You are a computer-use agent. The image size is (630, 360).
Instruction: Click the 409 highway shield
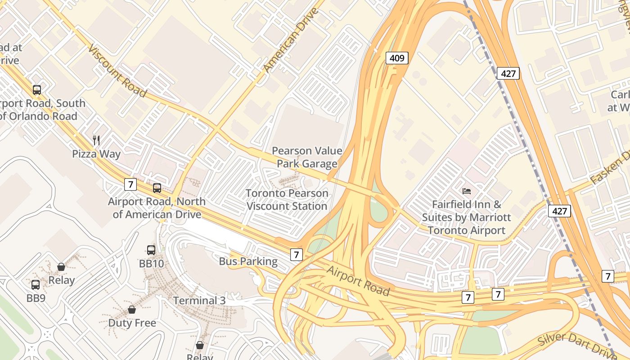coord(397,58)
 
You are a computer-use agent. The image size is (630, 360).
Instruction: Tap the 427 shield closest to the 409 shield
coord(508,73)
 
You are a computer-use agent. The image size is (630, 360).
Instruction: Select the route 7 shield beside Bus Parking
coord(296,255)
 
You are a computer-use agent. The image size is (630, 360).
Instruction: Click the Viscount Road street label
coord(117,71)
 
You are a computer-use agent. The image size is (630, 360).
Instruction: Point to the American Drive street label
coord(290,40)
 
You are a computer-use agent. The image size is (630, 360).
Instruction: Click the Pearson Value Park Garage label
coord(307,157)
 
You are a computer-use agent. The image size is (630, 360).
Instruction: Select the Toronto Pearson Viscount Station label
coord(287,200)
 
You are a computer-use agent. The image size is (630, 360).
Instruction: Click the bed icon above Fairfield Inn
coord(467,191)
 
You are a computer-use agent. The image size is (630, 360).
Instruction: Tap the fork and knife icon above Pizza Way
coord(96,140)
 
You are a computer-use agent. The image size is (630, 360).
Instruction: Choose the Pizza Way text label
coord(96,154)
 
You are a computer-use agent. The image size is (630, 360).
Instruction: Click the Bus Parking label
coord(248,261)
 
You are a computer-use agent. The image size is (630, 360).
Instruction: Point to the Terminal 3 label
coord(199,300)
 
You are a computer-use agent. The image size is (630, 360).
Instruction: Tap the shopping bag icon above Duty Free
coord(132,310)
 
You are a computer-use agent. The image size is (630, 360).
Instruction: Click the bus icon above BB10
coord(151,250)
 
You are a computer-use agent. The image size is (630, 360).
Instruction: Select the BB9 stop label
coord(36,298)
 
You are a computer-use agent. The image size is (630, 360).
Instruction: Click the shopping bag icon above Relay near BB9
coord(61,267)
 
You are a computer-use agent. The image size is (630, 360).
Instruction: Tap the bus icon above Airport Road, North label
coord(157,188)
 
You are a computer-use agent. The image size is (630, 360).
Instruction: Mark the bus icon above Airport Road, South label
coord(37,90)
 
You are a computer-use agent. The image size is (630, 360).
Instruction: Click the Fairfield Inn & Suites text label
coord(466,217)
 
